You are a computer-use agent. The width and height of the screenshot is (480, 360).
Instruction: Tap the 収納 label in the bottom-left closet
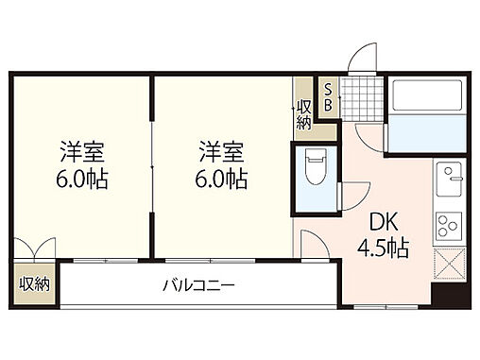pyautogui.click(x=34, y=283)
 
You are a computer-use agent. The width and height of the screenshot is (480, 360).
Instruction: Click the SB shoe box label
pyautogui.click(x=328, y=96)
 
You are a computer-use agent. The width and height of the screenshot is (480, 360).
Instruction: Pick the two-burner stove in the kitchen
pyautogui.click(x=447, y=226)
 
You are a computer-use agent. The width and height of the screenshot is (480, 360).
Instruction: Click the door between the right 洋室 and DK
pyautogui.click(x=312, y=244)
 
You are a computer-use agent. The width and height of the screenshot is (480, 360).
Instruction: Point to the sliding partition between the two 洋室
pyautogui.click(x=153, y=165)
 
